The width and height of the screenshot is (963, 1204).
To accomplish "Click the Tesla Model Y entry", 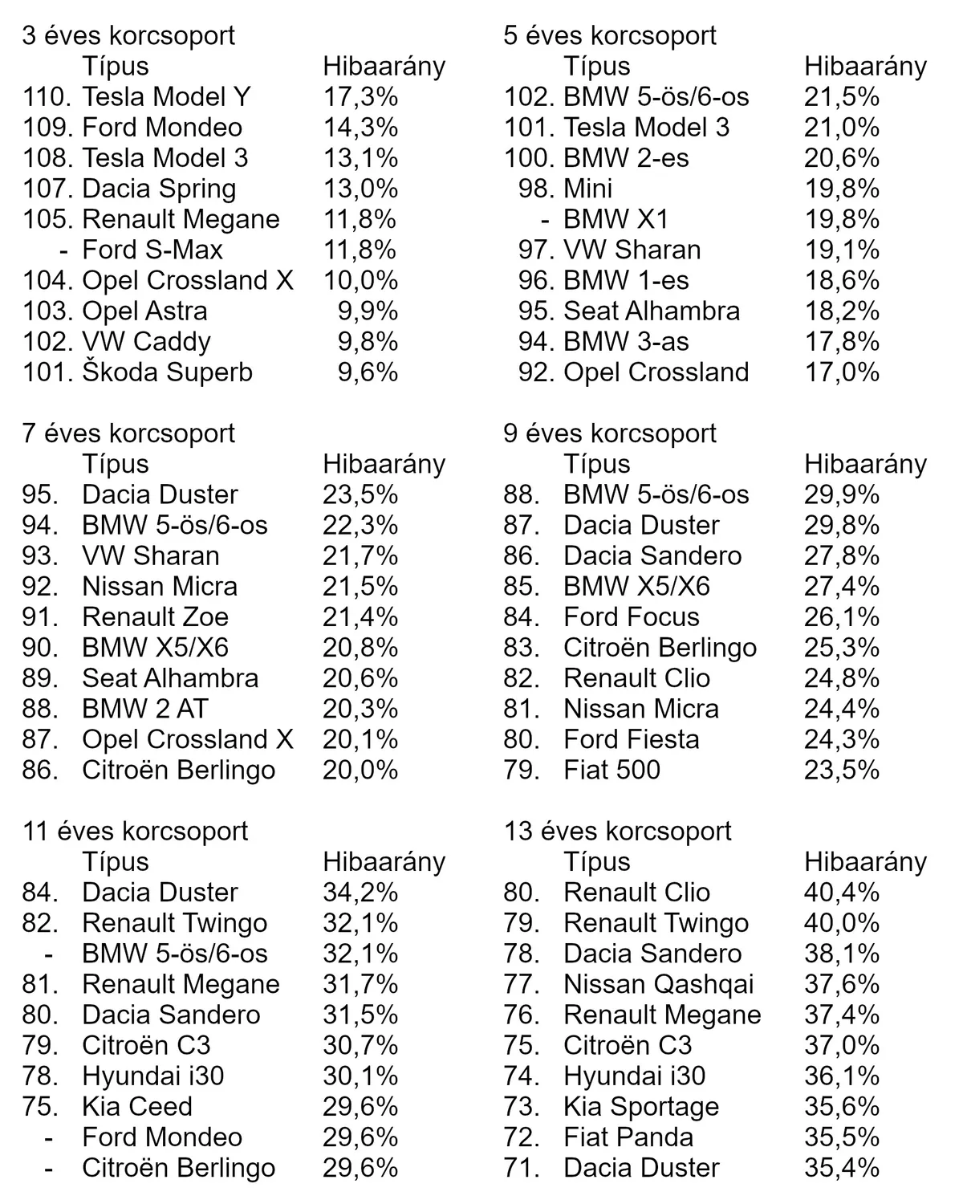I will [166, 97].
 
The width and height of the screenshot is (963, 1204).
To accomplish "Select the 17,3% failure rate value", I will [360, 97].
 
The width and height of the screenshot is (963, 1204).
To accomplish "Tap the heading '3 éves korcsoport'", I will [128, 35].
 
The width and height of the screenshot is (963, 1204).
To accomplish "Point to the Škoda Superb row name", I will [167, 372].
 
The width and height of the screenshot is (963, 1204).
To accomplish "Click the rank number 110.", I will [48, 97].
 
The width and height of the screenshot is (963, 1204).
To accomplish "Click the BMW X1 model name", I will [616, 219].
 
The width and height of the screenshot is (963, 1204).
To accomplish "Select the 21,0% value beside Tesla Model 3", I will [842, 128].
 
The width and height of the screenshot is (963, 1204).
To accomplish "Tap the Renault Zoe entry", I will [155, 617].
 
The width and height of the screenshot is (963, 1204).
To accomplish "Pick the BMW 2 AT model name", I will [144, 709].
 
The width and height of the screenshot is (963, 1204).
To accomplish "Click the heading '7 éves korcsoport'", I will [128, 433].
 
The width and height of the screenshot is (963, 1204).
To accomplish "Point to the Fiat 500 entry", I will [612, 770].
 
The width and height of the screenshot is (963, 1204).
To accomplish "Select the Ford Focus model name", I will [631, 617].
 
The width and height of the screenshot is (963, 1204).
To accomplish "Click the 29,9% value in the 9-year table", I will [842, 494].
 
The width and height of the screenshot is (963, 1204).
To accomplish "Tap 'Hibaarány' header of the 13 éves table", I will [865, 862].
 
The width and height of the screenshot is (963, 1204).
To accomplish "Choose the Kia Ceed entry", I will [137, 1107].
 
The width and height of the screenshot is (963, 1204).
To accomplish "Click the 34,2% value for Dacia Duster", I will [360, 893].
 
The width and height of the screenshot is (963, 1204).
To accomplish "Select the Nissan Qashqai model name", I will [658, 984].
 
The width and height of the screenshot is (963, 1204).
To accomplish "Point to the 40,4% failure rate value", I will [842, 893].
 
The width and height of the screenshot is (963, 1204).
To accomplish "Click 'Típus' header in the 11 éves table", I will [116, 862].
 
